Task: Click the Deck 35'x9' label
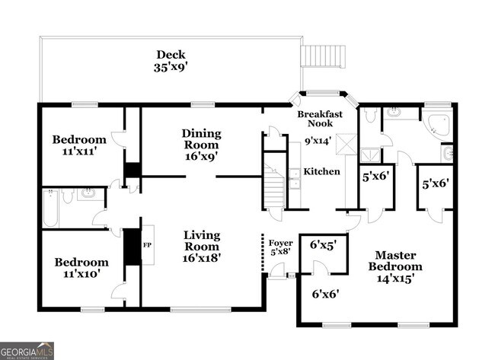pyautogui.click(x=171, y=61)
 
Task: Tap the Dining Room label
pyautogui.click(x=201, y=139)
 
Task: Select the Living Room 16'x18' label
pyautogui.click(x=201, y=246)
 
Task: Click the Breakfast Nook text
pyautogui.click(x=320, y=119)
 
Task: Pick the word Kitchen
pyautogui.click(x=321, y=172)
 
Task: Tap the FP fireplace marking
pyautogui.click(x=148, y=245)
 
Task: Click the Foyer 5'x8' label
pyautogui.click(x=281, y=247)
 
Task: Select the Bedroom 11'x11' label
pyautogui.click(x=78, y=145)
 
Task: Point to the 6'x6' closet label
pyautogui.click(x=325, y=293)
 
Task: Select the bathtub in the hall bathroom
pyautogui.click(x=50, y=209)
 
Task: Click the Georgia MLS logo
pyautogui.click(x=27, y=351)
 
